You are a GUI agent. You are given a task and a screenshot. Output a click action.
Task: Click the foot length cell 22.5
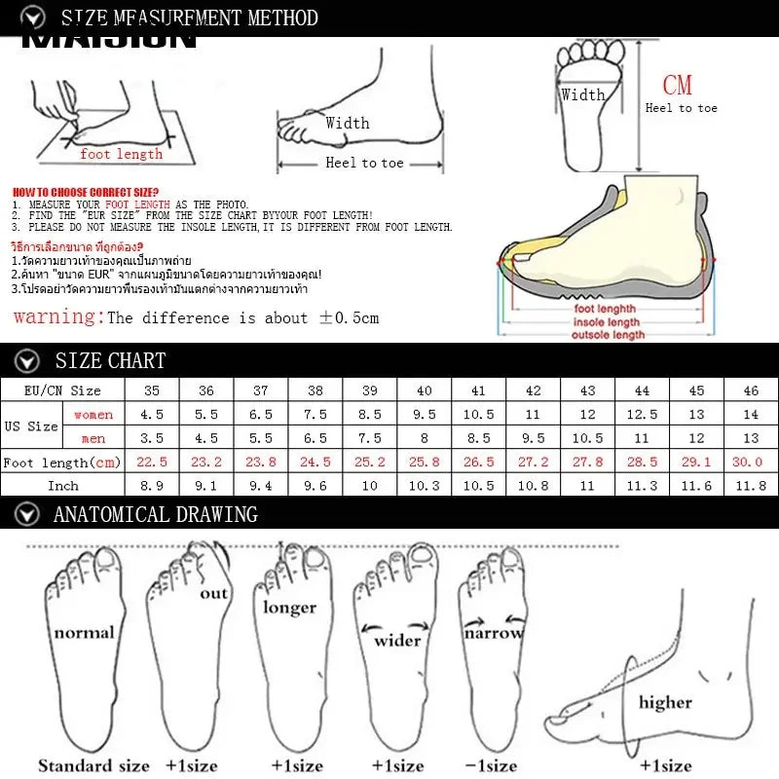tap(151, 462)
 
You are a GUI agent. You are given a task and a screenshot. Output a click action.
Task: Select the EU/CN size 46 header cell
tap(751, 390)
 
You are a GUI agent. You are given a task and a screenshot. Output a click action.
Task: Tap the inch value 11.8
tap(751, 485)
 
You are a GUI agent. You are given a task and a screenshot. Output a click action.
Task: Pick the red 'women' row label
tap(93, 415)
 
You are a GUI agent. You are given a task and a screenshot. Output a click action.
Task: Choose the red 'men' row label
tap(93, 438)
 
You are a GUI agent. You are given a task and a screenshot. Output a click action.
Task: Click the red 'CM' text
tap(677, 86)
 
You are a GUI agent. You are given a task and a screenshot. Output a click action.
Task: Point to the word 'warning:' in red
tap(58, 316)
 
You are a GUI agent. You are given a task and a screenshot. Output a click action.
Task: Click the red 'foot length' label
tap(121, 154)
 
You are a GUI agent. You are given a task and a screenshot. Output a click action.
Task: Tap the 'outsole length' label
tap(608, 335)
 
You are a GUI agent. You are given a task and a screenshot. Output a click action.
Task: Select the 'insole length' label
tap(607, 322)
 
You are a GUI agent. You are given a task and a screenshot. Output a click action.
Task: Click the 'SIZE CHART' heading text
tap(110, 360)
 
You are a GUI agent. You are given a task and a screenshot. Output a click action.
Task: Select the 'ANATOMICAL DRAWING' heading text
tap(156, 514)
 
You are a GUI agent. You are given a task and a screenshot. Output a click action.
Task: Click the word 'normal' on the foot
tap(84, 633)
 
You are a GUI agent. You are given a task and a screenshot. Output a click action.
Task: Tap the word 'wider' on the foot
tap(397, 640)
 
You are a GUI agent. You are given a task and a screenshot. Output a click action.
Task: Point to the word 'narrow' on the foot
tap(493, 633)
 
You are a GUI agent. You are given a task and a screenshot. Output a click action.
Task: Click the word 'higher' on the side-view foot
tap(665, 702)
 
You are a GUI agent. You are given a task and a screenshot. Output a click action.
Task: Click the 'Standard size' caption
tap(93, 765)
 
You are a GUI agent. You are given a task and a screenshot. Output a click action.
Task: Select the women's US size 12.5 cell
tap(642, 415)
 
